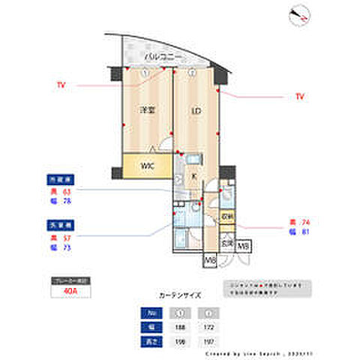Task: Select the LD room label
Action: (x=196, y=111)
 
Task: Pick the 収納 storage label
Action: (x=227, y=217)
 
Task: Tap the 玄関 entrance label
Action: (x=226, y=242)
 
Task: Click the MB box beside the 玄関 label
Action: (x=243, y=246)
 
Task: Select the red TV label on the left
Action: (x=61, y=85)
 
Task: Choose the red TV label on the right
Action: (x=299, y=97)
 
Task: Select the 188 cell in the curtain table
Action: (x=179, y=327)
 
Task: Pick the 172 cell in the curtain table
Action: (x=208, y=327)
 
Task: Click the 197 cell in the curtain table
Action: (x=208, y=341)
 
